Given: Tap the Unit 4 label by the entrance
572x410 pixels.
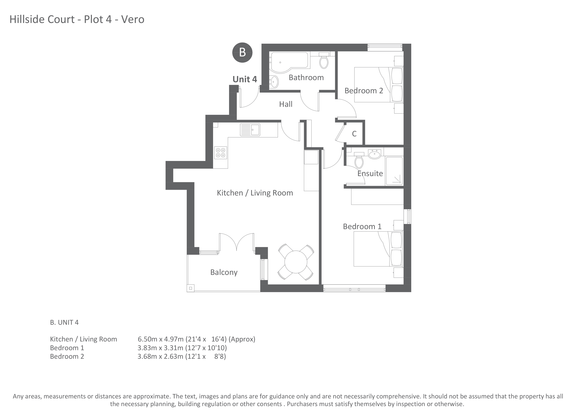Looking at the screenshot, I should [245, 79].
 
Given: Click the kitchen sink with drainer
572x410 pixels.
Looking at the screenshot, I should [250, 130].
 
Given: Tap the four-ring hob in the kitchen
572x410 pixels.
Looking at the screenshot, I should [220, 153].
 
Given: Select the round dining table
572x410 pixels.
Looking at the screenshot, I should [296, 262].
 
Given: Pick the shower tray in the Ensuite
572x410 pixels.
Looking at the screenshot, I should [394, 171].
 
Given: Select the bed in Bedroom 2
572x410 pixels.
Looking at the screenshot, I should [378, 85].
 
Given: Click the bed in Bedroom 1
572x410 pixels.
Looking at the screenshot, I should [378, 249].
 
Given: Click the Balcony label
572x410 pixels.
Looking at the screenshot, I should [224, 272].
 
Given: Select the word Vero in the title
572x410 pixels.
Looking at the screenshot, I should [133, 19].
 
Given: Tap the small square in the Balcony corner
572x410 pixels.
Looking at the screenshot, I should [190, 288].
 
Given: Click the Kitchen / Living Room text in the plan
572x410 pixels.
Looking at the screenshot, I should [255, 193].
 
